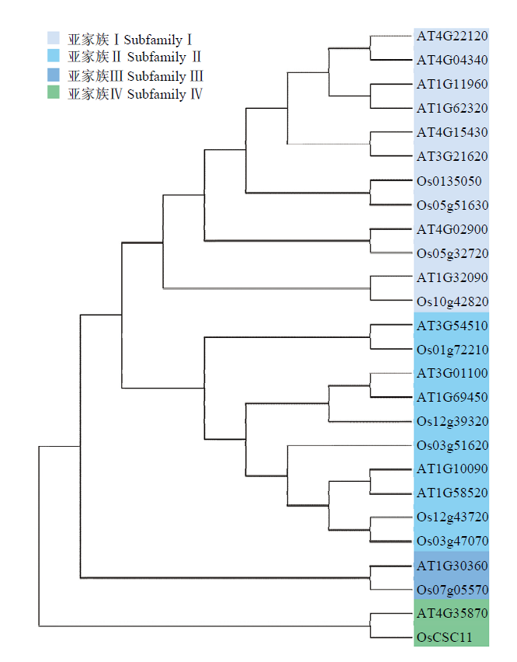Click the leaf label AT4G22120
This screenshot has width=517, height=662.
point(452,36)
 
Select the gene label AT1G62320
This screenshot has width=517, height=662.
point(452,108)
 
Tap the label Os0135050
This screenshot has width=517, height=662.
point(449,181)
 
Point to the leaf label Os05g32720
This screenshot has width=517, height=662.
point(453,253)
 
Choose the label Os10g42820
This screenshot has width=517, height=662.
point(453,301)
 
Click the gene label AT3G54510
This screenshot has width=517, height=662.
point(452,326)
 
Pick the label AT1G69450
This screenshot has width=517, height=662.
point(452,397)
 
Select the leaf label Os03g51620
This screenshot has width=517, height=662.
point(453,445)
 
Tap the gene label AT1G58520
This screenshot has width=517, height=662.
point(452,493)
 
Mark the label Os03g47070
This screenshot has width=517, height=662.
point(453,541)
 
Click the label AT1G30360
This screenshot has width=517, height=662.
point(452,566)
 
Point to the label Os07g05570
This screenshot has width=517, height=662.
point(453,590)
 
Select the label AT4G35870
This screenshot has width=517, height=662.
point(452,612)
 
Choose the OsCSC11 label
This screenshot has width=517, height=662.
point(445,637)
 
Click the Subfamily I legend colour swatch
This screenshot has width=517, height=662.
point(54,38)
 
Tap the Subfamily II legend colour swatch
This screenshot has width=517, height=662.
point(54,55)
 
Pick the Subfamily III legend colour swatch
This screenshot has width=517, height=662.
point(54,75)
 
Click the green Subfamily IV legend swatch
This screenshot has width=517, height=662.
point(54,92)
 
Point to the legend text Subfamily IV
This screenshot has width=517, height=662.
point(165,94)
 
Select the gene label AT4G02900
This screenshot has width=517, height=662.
point(452,229)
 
